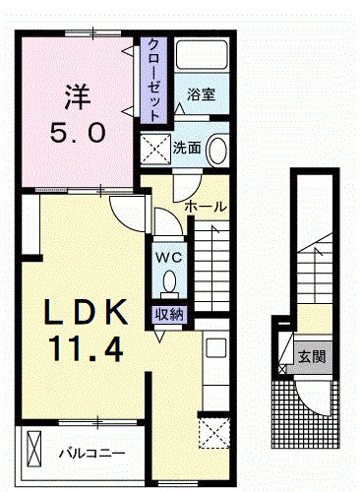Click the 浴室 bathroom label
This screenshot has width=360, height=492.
point(201,94)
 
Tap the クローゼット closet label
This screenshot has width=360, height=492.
point(153,80)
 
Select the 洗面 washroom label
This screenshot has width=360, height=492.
point(187,149)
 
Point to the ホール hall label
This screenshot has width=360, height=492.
point(206,207)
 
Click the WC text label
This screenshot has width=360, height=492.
point(168,258)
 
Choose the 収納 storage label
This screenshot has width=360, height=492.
point(170,315)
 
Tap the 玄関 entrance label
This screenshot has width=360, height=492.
point(312,356)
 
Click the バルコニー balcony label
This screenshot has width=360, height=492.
point(91,454)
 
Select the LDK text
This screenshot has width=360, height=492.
point(86,312)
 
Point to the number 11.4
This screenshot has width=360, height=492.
point(86,349)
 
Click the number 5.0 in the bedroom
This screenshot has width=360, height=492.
point(78,132)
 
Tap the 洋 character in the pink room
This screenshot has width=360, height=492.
point(78,97)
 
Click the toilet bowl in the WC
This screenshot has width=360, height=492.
point(169,281)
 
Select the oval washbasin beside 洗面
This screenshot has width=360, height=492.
point(217,151)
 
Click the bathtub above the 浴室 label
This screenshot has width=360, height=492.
point(202,54)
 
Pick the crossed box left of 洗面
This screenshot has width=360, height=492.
point(155,150)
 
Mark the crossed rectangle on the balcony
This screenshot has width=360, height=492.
point(33,449)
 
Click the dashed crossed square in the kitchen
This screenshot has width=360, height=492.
point(214,433)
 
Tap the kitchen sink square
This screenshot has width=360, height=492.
point(216,348)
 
